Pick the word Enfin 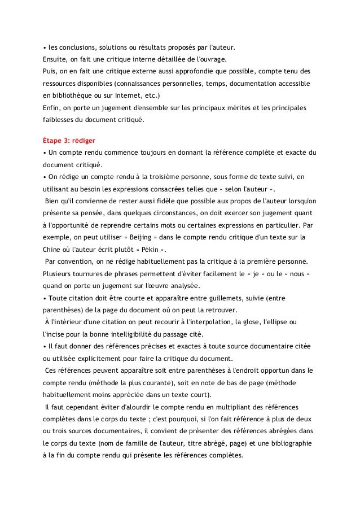[53, 107]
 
